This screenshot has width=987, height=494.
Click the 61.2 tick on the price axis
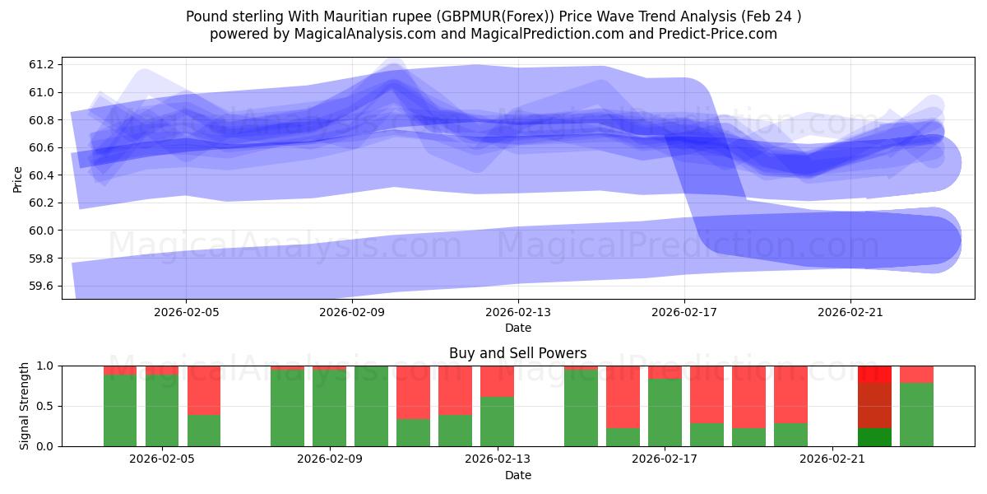(41, 64)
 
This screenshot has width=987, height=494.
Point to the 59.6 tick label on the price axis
(41, 286)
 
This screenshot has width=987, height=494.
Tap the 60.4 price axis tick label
(41, 175)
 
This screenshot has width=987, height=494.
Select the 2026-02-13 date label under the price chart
(518, 313)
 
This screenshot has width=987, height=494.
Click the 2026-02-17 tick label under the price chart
(684, 313)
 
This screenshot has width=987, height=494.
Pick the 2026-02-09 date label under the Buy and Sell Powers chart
(330, 459)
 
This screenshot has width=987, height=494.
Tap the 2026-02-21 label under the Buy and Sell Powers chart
(832, 459)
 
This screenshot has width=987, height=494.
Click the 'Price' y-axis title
(18, 178)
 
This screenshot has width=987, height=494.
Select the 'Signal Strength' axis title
(25, 406)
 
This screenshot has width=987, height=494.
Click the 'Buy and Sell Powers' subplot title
(517, 353)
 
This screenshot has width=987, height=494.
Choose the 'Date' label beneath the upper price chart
(517, 328)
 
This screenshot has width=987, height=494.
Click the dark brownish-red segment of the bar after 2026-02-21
(874, 405)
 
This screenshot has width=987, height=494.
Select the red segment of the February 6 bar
(204, 390)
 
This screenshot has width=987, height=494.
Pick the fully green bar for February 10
(371, 406)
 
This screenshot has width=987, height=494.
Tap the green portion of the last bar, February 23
(916, 414)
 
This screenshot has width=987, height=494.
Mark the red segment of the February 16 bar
(623, 397)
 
